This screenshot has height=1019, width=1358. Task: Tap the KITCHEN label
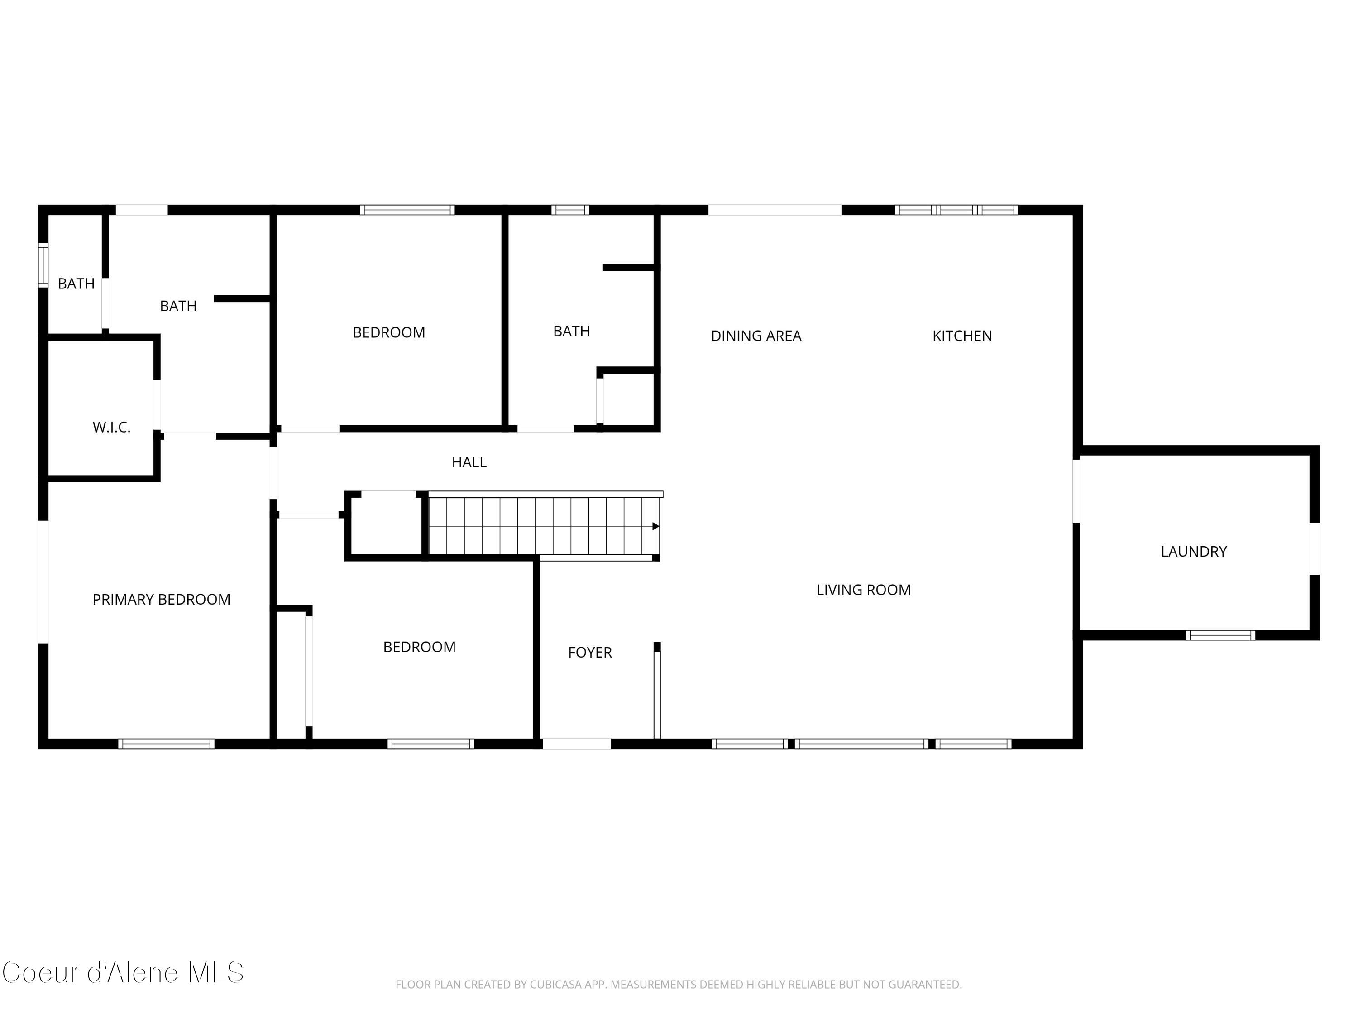(x=961, y=336)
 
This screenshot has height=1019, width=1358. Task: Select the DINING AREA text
(x=756, y=336)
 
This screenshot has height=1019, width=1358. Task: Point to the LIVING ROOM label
(x=863, y=590)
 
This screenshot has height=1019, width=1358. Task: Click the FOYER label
(x=589, y=652)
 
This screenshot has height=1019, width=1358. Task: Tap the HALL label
(x=469, y=462)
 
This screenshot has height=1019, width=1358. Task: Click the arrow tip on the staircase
(x=655, y=526)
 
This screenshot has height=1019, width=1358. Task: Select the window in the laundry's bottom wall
(x=1220, y=635)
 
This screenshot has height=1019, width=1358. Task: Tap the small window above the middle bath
(x=570, y=210)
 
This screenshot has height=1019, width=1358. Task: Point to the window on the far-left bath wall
(x=43, y=265)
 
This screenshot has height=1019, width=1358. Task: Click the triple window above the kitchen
(x=956, y=210)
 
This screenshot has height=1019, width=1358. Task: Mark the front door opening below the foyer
(x=577, y=744)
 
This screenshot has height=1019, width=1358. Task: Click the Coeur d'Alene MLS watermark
(x=123, y=972)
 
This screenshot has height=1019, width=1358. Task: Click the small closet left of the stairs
(x=386, y=525)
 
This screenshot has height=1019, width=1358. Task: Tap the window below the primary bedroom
(x=166, y=744)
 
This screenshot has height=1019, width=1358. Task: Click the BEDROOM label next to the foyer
(x=419, y=647)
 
